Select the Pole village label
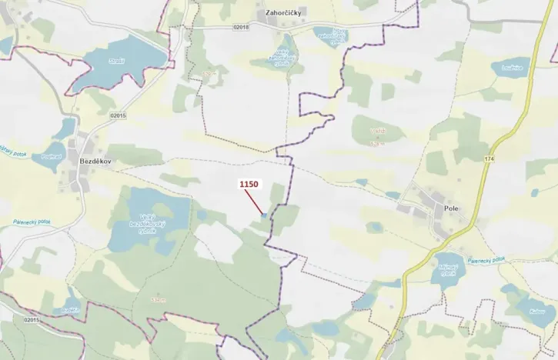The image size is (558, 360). (x=450, y=208)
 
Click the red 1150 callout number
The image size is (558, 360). (x=249, y=185)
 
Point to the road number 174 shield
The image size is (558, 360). (x=489, y=158)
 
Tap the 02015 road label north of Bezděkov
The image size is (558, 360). (x=117, y=115)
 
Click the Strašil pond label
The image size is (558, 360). (x=116, y=60)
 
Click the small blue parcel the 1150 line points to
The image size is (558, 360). (x=263, y=216)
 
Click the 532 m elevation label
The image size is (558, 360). (x=159, y=299)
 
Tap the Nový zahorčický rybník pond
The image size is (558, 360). (x=328, y=35)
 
